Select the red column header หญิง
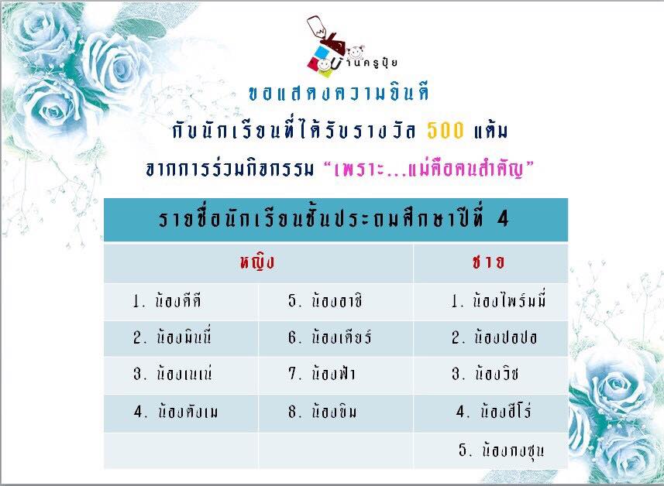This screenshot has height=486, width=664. click(x=257, y=262)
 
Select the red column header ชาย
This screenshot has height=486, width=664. click(x=488, y=262)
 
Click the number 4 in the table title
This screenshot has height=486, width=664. click(x=503, y=219)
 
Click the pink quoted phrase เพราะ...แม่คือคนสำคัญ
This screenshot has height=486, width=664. click(x=428, y=169)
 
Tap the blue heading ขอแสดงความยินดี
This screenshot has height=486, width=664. click(x=339, y=93)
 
